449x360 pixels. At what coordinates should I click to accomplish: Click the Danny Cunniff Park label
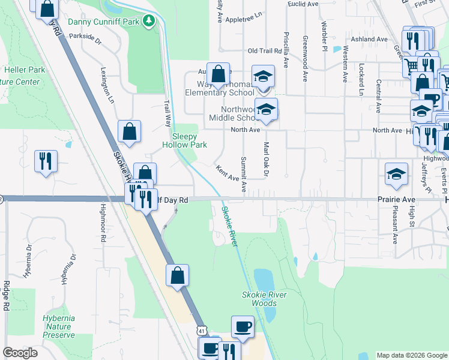click(103, 22)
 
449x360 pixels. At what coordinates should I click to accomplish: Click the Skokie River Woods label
click(264, 299)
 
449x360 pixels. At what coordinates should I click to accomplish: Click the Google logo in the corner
click(20, 353)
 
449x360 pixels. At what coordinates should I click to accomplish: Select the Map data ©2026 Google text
click(411, 355)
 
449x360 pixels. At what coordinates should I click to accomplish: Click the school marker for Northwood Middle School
click(265, 110)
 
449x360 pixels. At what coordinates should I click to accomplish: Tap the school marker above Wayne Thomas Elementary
click(263, 76)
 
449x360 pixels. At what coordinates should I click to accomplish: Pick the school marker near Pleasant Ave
click(396, 174)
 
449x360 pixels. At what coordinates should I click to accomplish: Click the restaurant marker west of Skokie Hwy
click(46, 161)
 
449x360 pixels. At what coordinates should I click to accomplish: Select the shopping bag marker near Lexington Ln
click(129, 131)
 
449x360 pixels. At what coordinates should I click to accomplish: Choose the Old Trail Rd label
click(265, 51)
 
